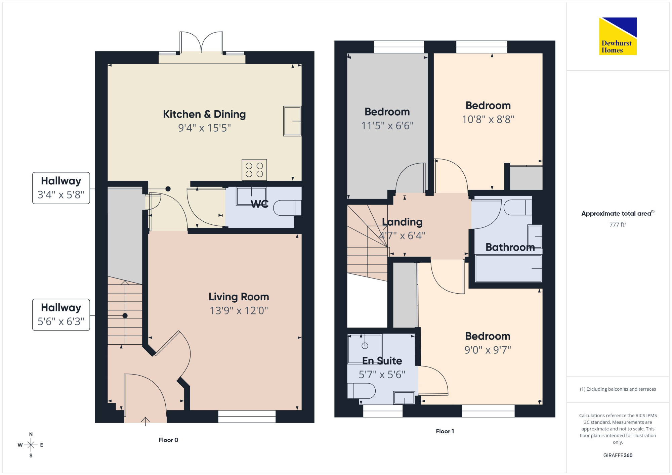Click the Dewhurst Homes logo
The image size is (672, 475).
618,36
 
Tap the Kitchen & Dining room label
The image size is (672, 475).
204,114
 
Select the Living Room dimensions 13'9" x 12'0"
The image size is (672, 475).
239,310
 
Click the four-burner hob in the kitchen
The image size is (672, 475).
254,170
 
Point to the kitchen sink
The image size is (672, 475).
292,121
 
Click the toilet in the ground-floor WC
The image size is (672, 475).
287,208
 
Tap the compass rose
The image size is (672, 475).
31,445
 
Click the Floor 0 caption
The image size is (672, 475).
168,440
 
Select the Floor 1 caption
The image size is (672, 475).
445,431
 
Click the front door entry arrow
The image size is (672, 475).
145,421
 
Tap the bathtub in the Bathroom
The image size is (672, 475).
508,268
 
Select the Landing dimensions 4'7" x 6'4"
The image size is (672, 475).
402,235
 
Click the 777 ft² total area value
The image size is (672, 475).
618,224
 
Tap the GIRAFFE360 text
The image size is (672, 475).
618,456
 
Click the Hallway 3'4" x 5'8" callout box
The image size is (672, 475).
61,188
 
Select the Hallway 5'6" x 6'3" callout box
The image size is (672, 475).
61,315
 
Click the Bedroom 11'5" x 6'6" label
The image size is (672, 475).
387,119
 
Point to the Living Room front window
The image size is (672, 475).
247,417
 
